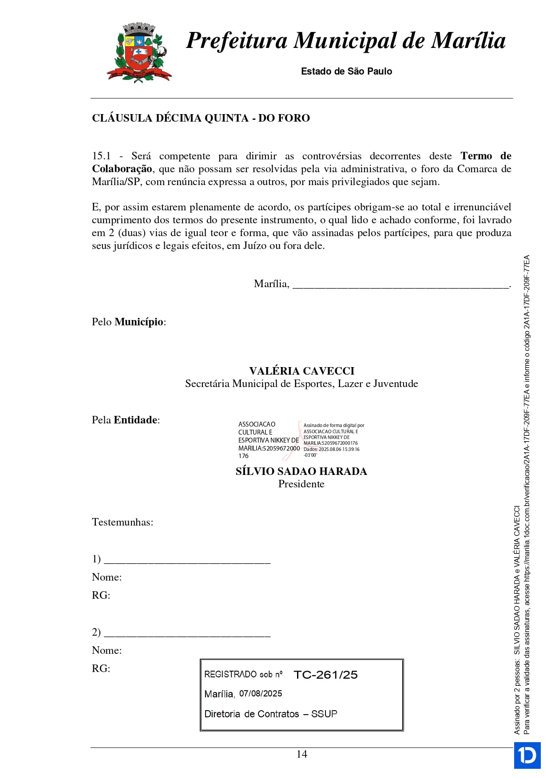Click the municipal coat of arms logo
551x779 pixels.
139,53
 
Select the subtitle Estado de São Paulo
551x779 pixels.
346,71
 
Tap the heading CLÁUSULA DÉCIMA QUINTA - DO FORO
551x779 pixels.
201,118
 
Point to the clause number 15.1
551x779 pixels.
101,156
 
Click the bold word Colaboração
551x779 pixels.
122,169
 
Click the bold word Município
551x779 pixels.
139,322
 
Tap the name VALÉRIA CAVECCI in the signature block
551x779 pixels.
301,371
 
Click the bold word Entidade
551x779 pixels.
135,420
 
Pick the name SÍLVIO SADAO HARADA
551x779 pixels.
301,471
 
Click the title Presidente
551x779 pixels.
301,484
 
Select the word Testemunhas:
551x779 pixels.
123,522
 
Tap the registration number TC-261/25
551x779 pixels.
325,675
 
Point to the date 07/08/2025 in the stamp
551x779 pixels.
261,694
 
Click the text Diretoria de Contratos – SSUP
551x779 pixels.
271,714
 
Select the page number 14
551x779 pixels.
301,754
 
